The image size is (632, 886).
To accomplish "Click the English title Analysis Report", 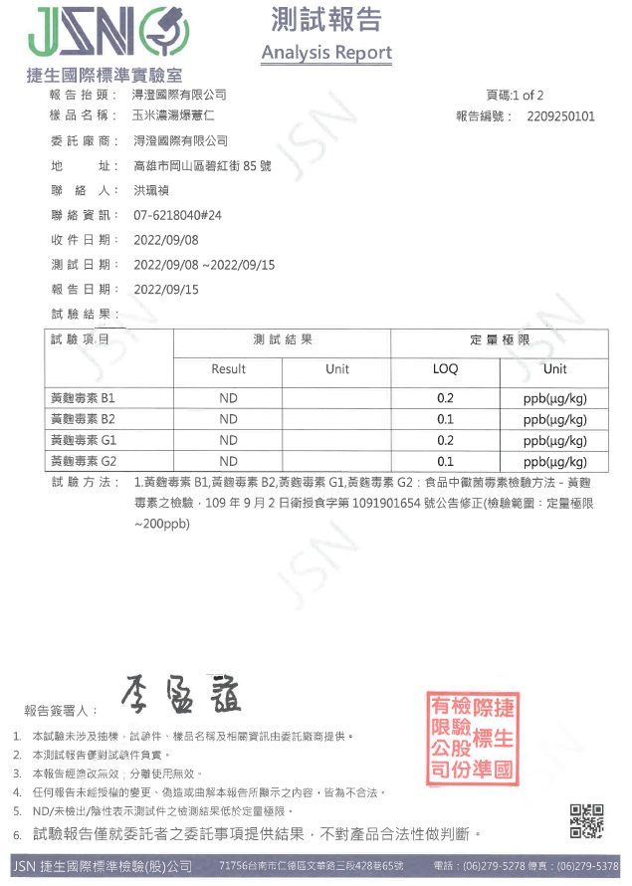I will pyautogui.click(x=326, y=53).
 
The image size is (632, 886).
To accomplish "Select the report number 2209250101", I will pyautogui.click(x=560, y=116).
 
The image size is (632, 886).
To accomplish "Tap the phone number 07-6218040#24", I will pyautogui.click(x=177, y=215).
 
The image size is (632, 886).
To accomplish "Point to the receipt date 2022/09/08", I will pyautogui.click(x=166, y=240).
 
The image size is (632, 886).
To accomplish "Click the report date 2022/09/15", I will pyautogui.click(x=166, y=290).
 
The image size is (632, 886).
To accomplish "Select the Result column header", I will pyautogui.click(x=228, y=369).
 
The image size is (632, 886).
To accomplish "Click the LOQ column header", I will pyautogui.click(x=445, y=369).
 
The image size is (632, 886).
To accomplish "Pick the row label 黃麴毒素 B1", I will pyautogui.click(x=83, y=398).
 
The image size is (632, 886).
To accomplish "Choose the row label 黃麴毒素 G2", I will pyautogui.click(x=83, y=461).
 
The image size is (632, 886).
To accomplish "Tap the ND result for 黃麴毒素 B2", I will pyautogui.click(x=228, y=419).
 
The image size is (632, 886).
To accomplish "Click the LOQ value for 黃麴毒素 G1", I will pyautogui.click(x=445, y=440).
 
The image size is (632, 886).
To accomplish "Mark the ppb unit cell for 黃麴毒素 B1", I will pyautogui.click(x=554, y=398).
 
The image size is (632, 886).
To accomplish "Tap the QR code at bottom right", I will pyautogui.click(x=586, y=822).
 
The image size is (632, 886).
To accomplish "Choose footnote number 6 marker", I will pyautogui.click(x=17, y=833).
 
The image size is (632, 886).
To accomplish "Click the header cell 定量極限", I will pyautogui.click(x=500, y=340).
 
